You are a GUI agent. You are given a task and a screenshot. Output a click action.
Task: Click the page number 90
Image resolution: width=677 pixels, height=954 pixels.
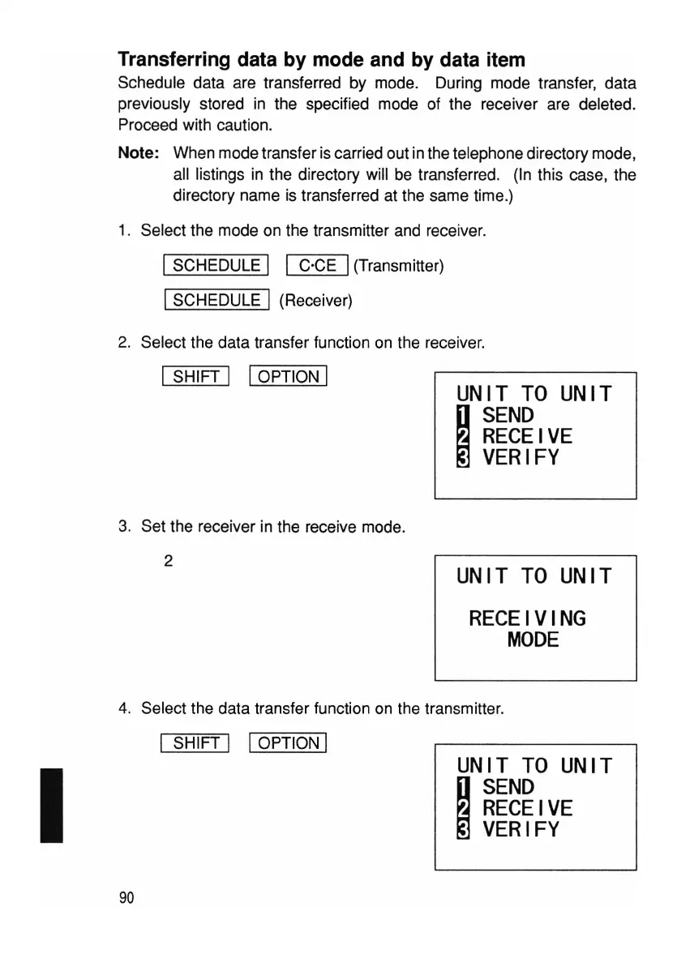tap(126, 897)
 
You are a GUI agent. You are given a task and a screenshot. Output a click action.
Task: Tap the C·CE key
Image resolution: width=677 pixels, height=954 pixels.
tap(317, 265)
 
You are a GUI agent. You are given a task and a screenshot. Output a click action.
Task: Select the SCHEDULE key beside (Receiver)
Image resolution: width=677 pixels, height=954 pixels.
tap(216, 300)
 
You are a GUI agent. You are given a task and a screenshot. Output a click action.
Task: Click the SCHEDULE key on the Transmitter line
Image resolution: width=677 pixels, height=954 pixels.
tap(216, 265)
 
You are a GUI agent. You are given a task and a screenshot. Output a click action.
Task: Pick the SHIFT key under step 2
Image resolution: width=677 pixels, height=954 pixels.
tap(196, 376)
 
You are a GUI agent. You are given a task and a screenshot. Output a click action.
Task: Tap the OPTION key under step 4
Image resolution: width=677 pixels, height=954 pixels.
tap(288, 743)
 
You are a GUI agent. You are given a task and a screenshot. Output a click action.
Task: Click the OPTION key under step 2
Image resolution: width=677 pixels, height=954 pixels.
tap(288, 376)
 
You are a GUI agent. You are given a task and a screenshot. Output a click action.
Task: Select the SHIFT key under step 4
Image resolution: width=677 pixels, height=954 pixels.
tap(196, 743)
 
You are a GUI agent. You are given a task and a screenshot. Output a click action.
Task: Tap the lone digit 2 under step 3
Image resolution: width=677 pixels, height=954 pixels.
tap(168, 560)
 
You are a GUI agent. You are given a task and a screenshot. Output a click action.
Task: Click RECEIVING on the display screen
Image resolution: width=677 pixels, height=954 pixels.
tap(527, 619)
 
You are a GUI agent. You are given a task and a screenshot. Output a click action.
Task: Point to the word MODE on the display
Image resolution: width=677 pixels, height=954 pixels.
tap(533, 640)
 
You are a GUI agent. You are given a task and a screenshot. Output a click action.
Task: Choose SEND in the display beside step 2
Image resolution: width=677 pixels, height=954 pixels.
tap(508, 416)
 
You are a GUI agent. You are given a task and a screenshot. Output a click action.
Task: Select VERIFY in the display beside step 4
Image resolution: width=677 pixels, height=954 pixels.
tap(521, 829)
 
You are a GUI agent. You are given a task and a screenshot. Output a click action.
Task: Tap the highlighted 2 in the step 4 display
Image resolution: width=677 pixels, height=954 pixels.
tap(465, 808)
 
